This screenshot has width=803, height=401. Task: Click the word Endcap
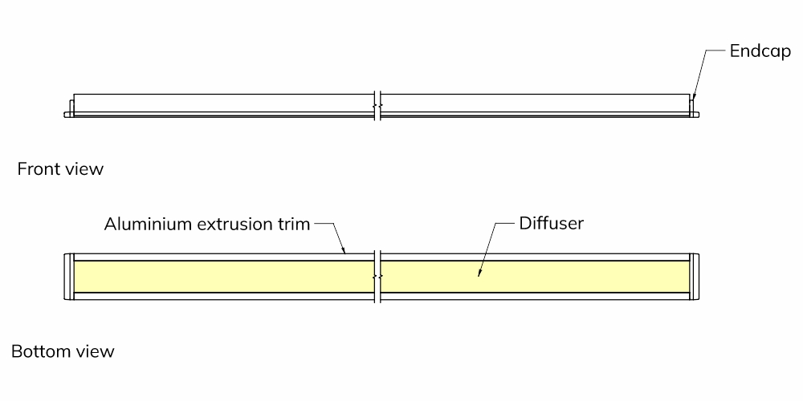pyautogui.click(x=760, y=51)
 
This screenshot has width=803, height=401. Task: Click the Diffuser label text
pyautogui.click(x=552, y=224)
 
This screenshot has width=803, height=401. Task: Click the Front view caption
pyautogui.click(x=60, y=168)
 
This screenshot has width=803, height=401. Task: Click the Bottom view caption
pyautogui.click(x=63, y=352)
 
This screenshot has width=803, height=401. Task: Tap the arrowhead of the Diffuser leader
pyautogui.click(x=479, y=273)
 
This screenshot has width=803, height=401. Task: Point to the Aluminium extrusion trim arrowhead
pyautogui.click(x=344, y=250)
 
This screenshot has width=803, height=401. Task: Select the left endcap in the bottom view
pyautogui.click(x=68, y=276)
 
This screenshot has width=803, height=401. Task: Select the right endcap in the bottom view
pyautogui.click(x=695, y=276)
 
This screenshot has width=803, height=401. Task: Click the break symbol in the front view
pyautogui.click(x=378, y=106)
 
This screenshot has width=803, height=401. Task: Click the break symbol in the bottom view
pyautogui.click(x=378, y=276)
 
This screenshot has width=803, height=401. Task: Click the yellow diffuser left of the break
pyautogui.click(x=224, y=276)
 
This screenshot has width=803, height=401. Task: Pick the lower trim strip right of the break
pyautogui.click(x=536, y=296)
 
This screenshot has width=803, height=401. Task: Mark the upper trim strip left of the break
pyautogui.click(x=224, y=257)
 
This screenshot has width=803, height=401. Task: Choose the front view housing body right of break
pyautogui.click(x=536, y=103)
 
